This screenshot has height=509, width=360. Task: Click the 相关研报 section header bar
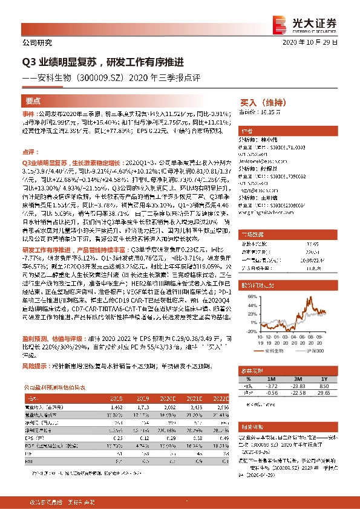[x=290, y=427]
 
